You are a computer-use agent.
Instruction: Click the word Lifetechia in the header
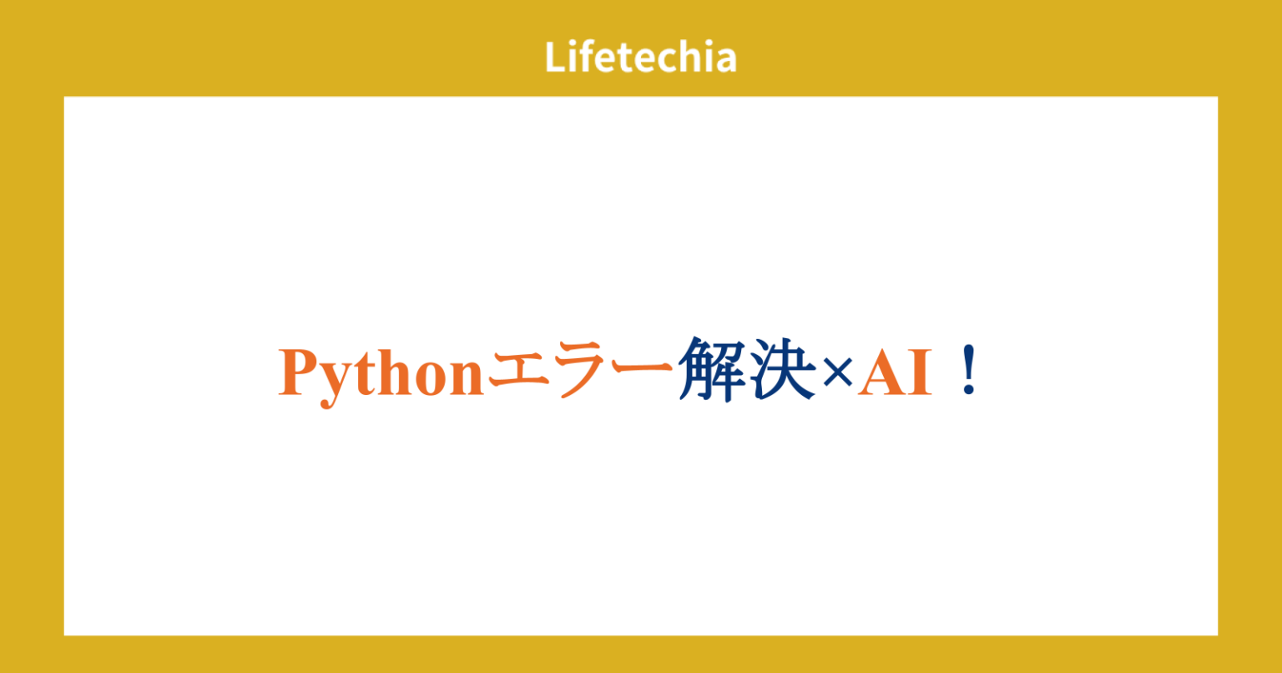(641, 57)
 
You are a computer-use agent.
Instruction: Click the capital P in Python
(299, 372)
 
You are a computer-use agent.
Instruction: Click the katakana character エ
(518, 373)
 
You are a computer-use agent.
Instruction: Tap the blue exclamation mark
(968, 373)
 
